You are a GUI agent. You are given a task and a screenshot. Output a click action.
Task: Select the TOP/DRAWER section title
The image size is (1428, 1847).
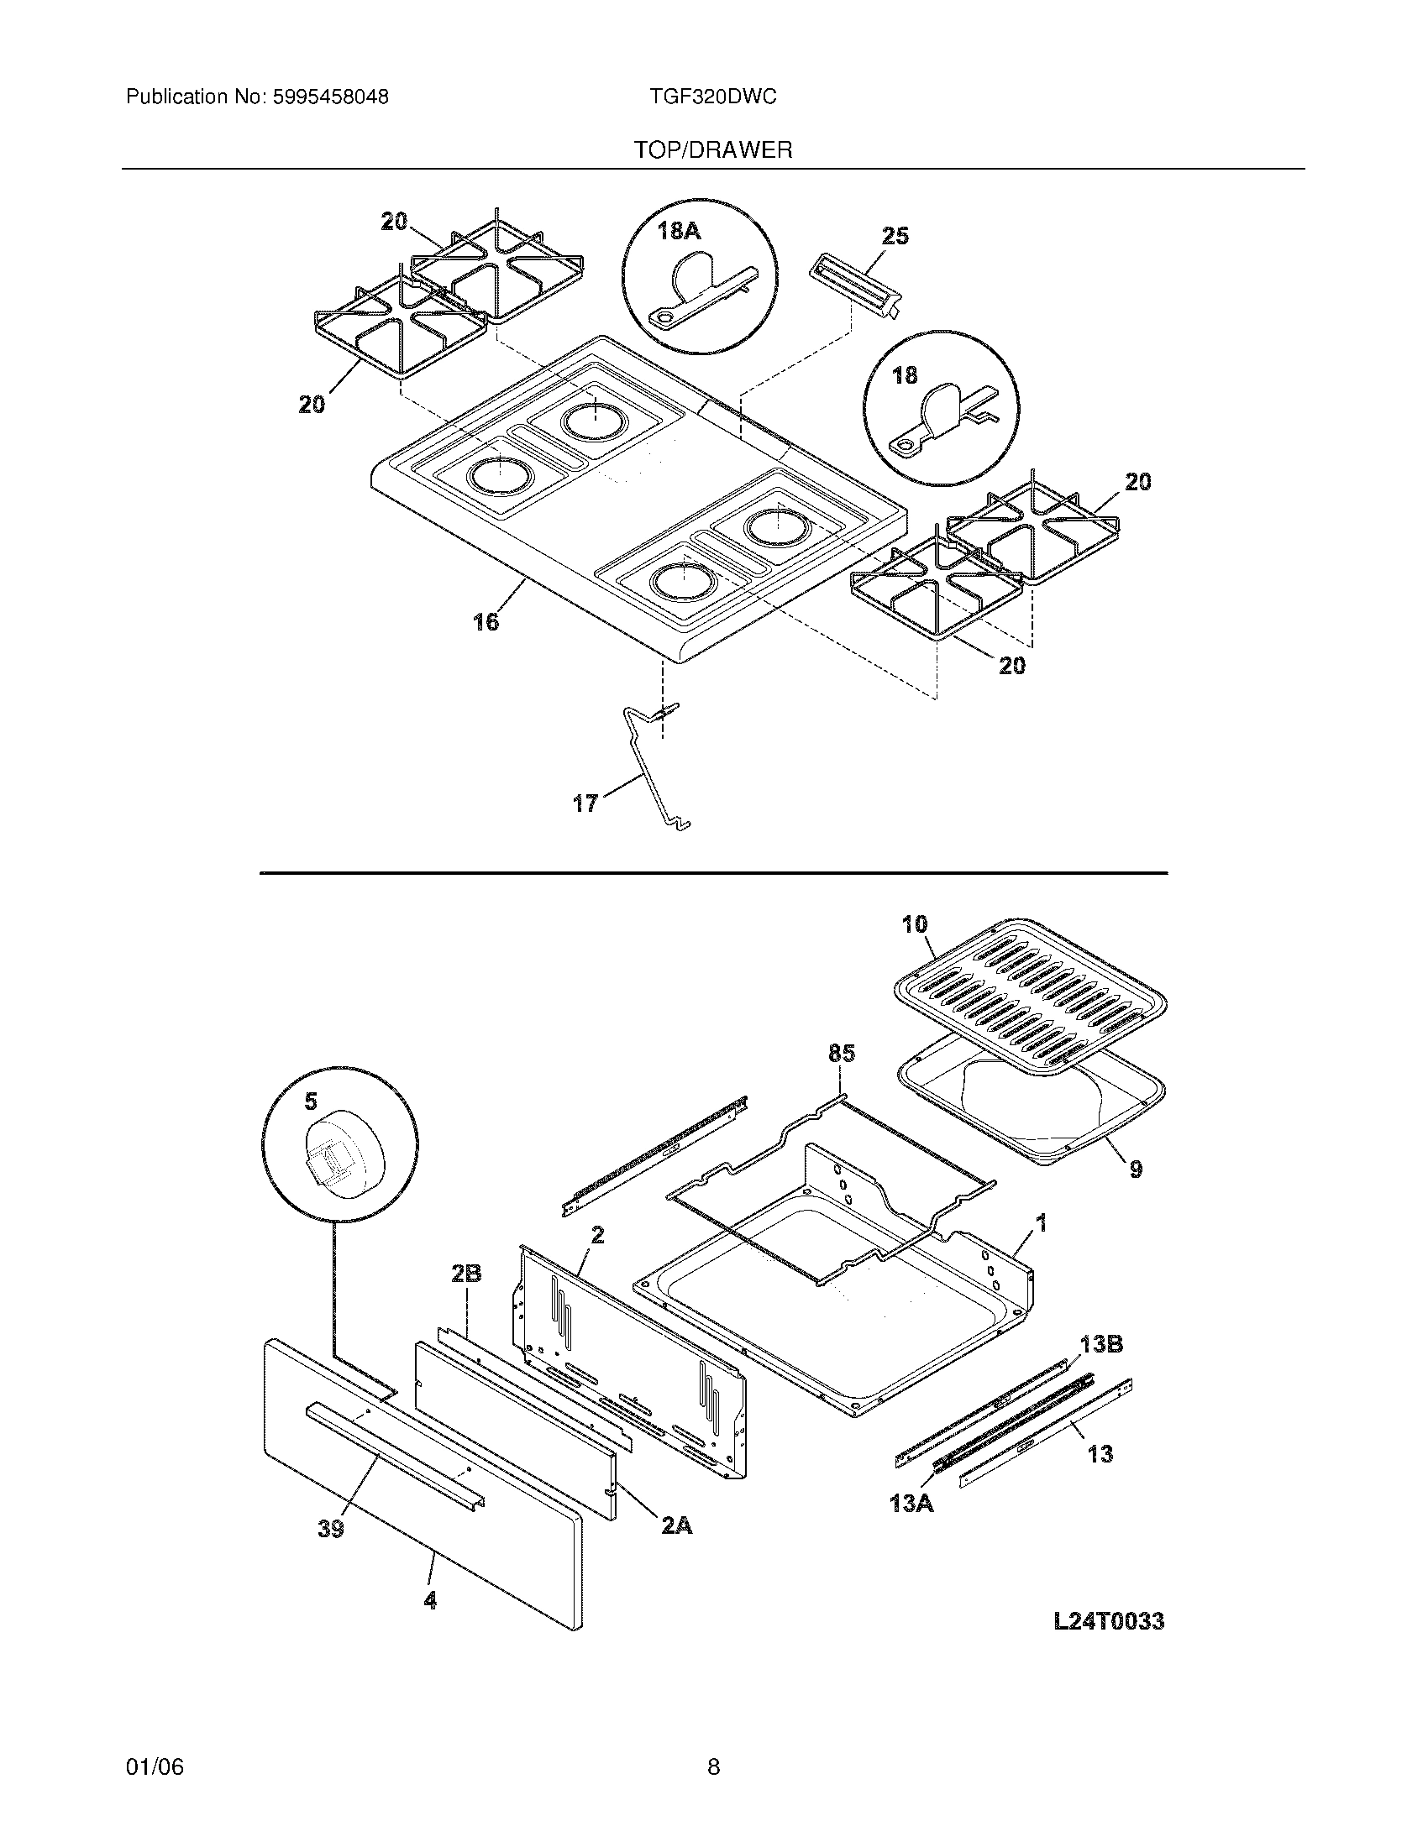tap(713, 150)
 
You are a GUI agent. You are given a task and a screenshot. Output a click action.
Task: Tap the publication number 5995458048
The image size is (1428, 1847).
tap(329, 97)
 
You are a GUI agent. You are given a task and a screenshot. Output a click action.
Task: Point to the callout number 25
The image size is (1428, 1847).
tap(895, 236)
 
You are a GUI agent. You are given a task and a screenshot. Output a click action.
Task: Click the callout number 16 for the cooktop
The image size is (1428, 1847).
tap(486, 622)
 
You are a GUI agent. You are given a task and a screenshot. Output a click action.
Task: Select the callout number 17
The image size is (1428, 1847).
tap(585, 803)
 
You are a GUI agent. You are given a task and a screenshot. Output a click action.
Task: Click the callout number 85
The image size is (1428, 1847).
tap(841, 1053)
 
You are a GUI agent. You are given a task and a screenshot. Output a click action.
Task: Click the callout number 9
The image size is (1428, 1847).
tap(1136, 1169)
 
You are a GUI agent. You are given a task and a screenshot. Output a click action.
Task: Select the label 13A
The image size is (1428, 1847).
tap(911, 1504)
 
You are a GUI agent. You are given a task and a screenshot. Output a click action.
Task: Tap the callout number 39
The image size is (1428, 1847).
tap(331, 1529)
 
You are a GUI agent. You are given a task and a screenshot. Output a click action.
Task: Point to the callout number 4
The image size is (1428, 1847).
tap(430, 1600)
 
